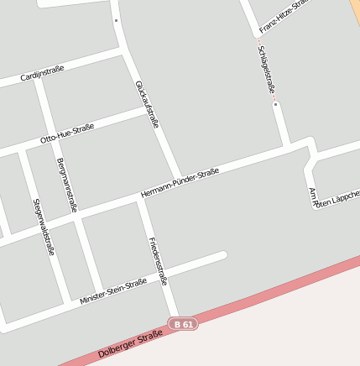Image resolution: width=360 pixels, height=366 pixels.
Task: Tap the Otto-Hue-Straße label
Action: tap(67, 133)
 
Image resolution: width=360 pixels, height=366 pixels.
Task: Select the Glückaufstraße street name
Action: tap(146, 104)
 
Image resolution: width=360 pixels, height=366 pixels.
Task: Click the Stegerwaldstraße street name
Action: tap(44, 227)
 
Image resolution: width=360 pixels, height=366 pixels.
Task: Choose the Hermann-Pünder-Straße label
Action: tap(180, 184)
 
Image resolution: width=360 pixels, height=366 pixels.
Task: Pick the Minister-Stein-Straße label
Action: tap(113, 290)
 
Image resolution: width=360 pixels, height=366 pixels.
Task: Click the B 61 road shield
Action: tap(183, 323)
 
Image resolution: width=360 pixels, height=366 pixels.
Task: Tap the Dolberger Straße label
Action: tap(130, 344)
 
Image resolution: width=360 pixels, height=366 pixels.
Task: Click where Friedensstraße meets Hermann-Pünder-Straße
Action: tap(142, 200)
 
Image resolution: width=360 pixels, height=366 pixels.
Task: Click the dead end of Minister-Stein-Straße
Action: tap(223, 254)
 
